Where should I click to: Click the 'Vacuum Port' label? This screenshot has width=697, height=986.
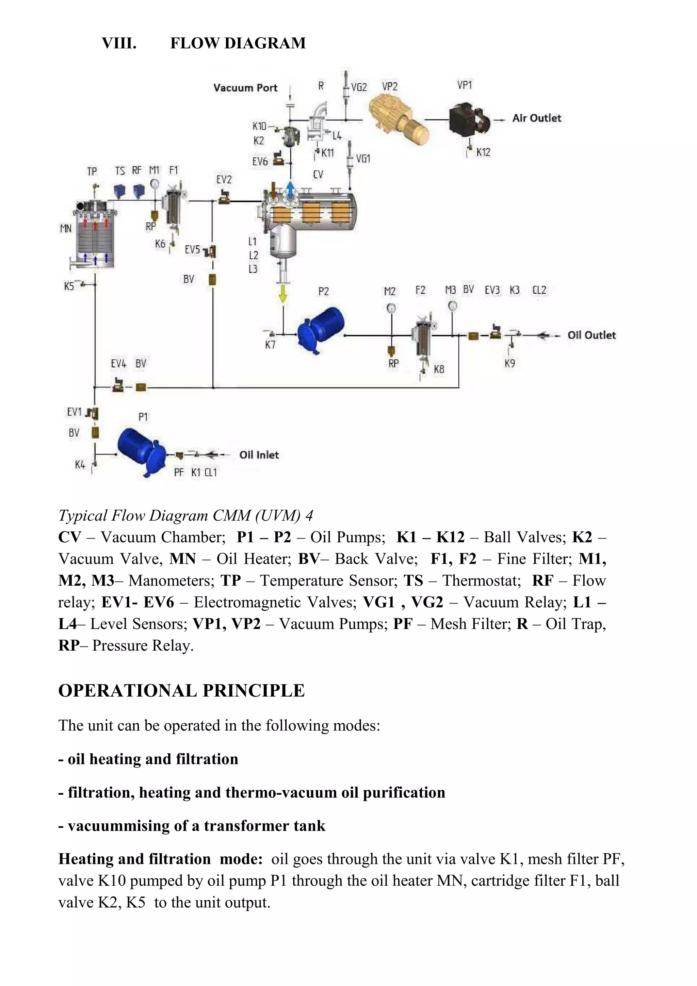(x=245, y=88)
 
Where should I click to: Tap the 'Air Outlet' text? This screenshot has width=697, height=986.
(x=536, y=118)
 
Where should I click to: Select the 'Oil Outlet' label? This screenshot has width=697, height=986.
(x=591, y=335)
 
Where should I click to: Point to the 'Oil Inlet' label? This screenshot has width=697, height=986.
(x=259, y=455)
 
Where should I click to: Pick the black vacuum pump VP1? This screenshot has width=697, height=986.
(x=468, y=120)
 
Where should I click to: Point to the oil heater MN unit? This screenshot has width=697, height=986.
(x=95, y=236)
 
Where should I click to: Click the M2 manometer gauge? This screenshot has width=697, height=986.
(x=390, y=308)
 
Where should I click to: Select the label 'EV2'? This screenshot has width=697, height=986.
(x=224, y=180)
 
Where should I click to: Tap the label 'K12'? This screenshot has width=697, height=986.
(x=483, y=152)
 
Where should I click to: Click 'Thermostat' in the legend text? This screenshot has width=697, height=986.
(x=482, y=580)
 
